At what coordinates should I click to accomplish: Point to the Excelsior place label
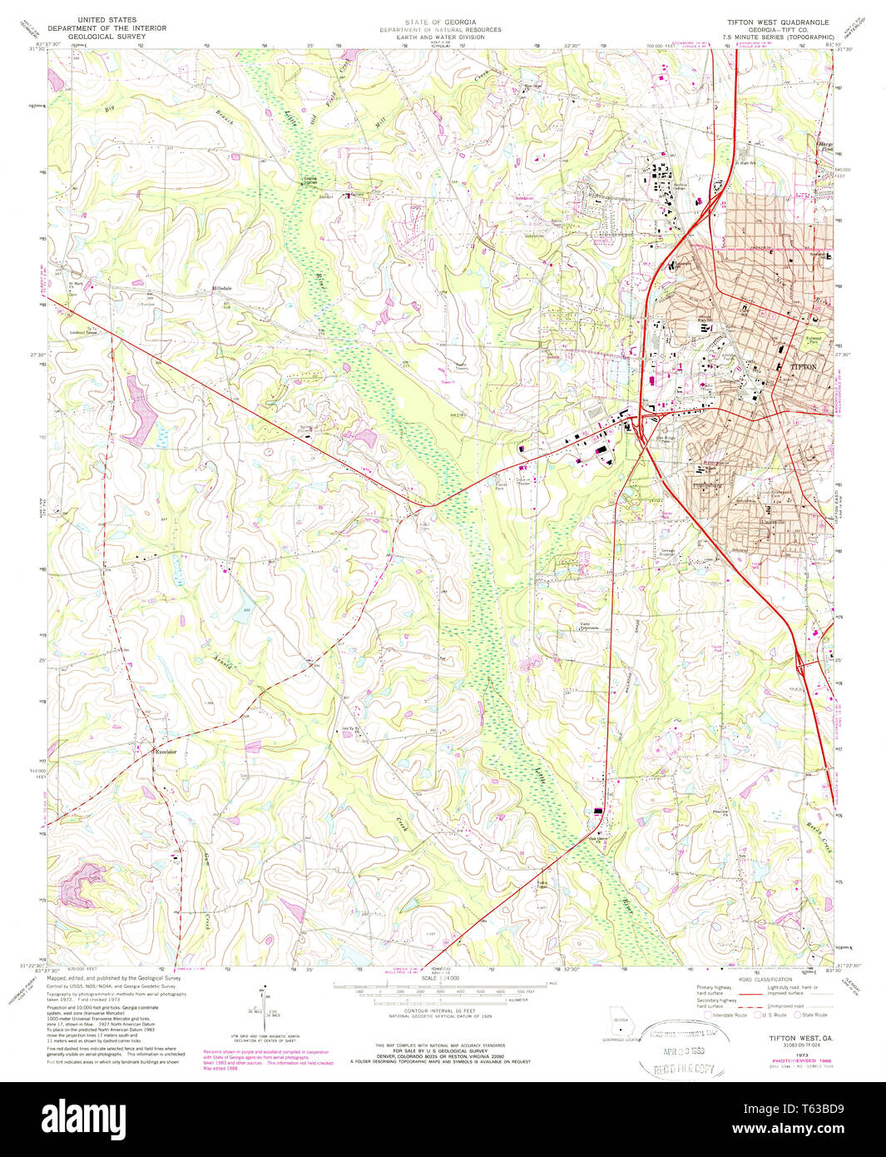[166, 752]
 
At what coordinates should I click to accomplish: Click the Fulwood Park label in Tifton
[813, 340]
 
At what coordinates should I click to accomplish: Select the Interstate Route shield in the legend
[708, 1015]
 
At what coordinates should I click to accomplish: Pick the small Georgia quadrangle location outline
[617, 1018]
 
